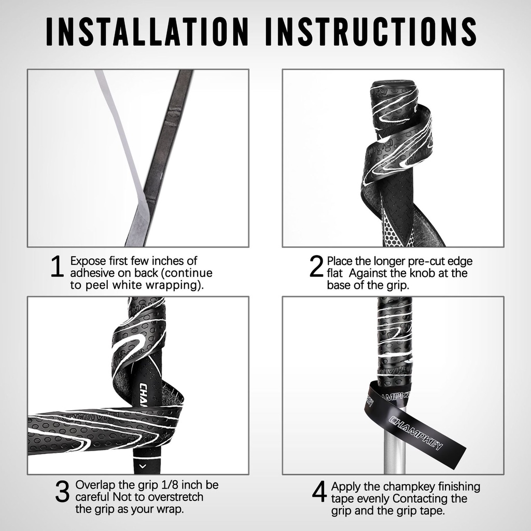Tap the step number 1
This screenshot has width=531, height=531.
pos(57,267)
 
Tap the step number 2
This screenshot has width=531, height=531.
pos(316,267)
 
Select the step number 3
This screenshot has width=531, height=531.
pos(62,492)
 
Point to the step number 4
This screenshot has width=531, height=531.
pos(319,493)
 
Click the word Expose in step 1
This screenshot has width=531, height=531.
pos(87,261)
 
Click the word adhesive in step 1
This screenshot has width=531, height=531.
pos(93,273)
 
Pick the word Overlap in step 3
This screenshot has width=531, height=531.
pos(95,485)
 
